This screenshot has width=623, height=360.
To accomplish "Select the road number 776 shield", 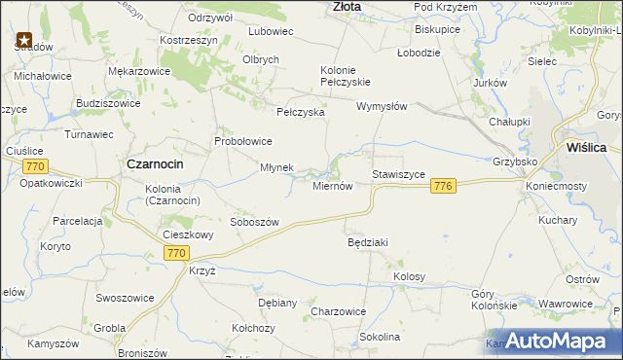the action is pyautogui.click(x=444, y=186).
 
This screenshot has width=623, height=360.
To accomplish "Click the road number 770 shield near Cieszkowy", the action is pyautogui.click(x=175, y=253).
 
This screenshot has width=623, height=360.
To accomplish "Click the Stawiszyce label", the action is pyautogui.click(x=398, y=174).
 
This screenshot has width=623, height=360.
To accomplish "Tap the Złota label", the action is pyautogui.click(x=347, y=6).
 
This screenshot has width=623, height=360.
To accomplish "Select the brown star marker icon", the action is pyautogui.click(x=23, y=41).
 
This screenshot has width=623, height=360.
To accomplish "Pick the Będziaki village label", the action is pyautogui.click(x=369, y=241).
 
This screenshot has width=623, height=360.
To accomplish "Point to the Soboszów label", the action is pyautogui.click(x=254, y=222).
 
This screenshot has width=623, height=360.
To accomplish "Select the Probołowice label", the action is pyautogui.click(x=243, y=141).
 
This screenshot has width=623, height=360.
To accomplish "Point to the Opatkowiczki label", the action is pyautogui.click(x=53, y=183).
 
